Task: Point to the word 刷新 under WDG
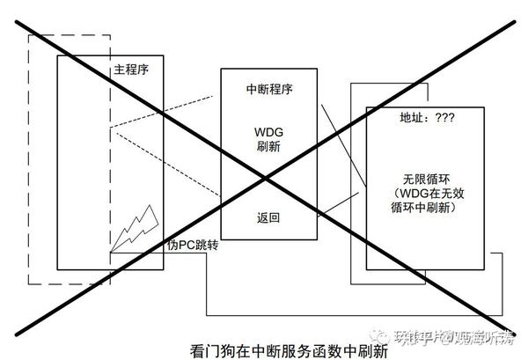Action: (268, 147)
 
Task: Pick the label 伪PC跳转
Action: (192, 246)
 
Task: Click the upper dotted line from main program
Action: (167, 114)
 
